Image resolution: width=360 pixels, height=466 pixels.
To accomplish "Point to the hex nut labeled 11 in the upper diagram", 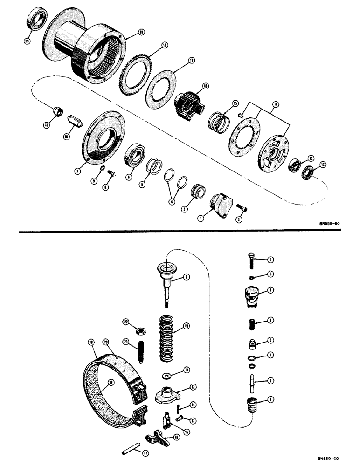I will click(x=58, y=112).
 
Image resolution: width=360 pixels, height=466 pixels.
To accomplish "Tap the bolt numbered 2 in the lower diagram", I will click(x=249, y=261).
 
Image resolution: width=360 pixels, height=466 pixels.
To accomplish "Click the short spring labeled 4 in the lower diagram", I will click(x=249, y=321).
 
